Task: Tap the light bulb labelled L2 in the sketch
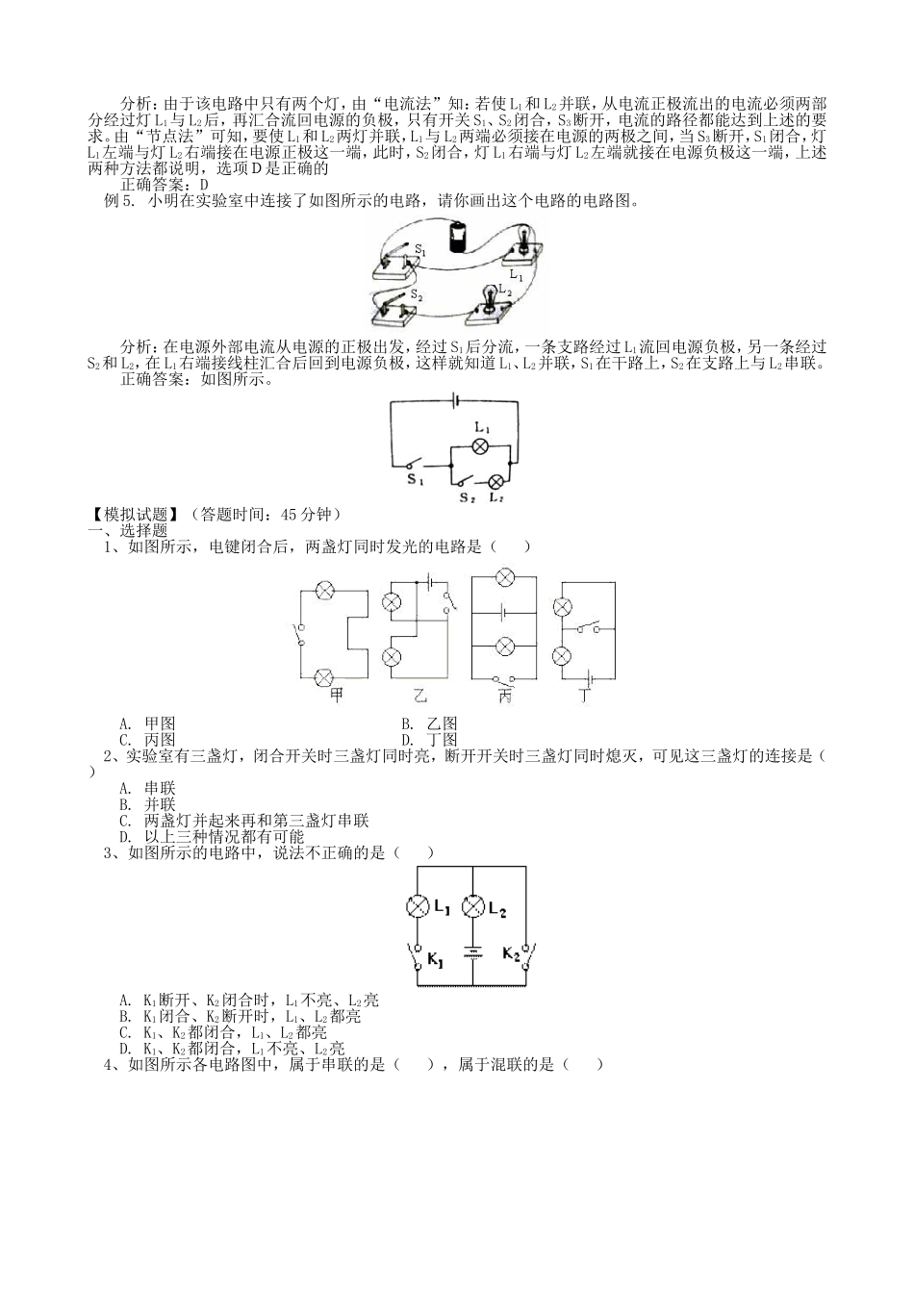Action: click(489, 295)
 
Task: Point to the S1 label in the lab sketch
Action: click(419, 249)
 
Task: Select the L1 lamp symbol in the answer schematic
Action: click(482, 445)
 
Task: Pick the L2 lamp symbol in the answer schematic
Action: click(496, 481)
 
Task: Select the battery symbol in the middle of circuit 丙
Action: click(504, 611)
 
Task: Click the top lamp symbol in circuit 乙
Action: click(392, 602)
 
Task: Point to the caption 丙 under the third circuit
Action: click(504, 695)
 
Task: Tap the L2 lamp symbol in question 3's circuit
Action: click(472, 906)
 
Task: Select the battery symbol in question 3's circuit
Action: click(472, 953)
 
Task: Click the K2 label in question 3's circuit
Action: click(510, 954)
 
